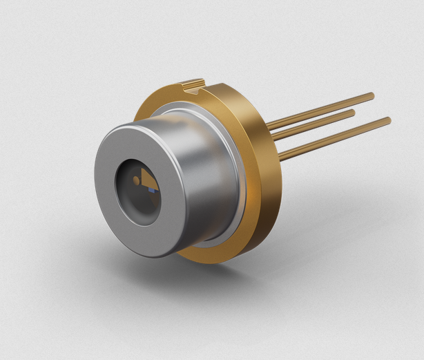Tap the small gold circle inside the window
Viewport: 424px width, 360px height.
136,180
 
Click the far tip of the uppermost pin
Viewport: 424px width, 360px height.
372,95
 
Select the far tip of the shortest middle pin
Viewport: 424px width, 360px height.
352,111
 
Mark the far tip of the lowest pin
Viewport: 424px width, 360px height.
388,122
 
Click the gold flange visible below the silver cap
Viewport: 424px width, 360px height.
207,254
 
